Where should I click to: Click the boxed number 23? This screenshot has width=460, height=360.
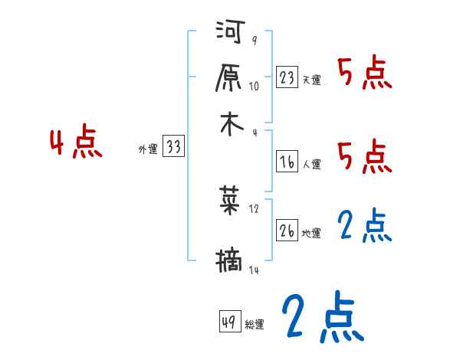287,77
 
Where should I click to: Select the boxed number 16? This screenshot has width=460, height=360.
287,161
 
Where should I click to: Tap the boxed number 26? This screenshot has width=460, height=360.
287,231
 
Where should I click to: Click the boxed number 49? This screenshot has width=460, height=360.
229,322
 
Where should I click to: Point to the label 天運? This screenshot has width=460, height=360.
311,80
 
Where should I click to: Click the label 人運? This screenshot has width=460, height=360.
311,163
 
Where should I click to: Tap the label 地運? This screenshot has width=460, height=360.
311,233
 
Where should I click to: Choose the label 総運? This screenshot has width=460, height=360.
255,325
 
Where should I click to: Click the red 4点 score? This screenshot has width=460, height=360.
76,144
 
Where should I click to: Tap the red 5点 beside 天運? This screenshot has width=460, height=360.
365,74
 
